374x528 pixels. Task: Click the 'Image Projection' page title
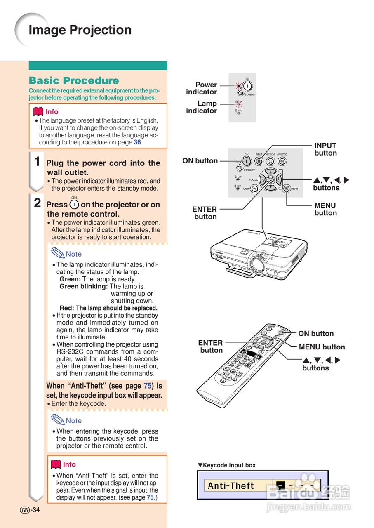point(80,30)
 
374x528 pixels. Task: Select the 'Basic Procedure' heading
point(74,81)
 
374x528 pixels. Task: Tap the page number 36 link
point(137,142)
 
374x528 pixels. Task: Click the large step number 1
point(37,161)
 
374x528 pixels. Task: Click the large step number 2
point(37,203)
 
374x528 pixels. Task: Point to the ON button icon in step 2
point(74,205)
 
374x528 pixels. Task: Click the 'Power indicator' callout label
point(202,88)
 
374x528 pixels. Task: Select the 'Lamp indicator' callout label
point(202,107)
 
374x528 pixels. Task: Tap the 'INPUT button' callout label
point(325,149)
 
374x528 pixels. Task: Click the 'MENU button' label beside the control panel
point(325,209)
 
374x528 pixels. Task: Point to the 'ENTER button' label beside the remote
point(211,346)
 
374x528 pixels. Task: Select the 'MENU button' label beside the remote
point(322,347)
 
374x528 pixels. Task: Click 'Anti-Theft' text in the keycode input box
point(231,486)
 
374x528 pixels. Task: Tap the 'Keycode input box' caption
point(227,465)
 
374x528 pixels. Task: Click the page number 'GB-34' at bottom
point(30,510)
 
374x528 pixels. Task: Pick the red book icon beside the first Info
point(38,112)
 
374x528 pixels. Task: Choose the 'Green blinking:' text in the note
point(84,286)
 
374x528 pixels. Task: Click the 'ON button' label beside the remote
point(316,334)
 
